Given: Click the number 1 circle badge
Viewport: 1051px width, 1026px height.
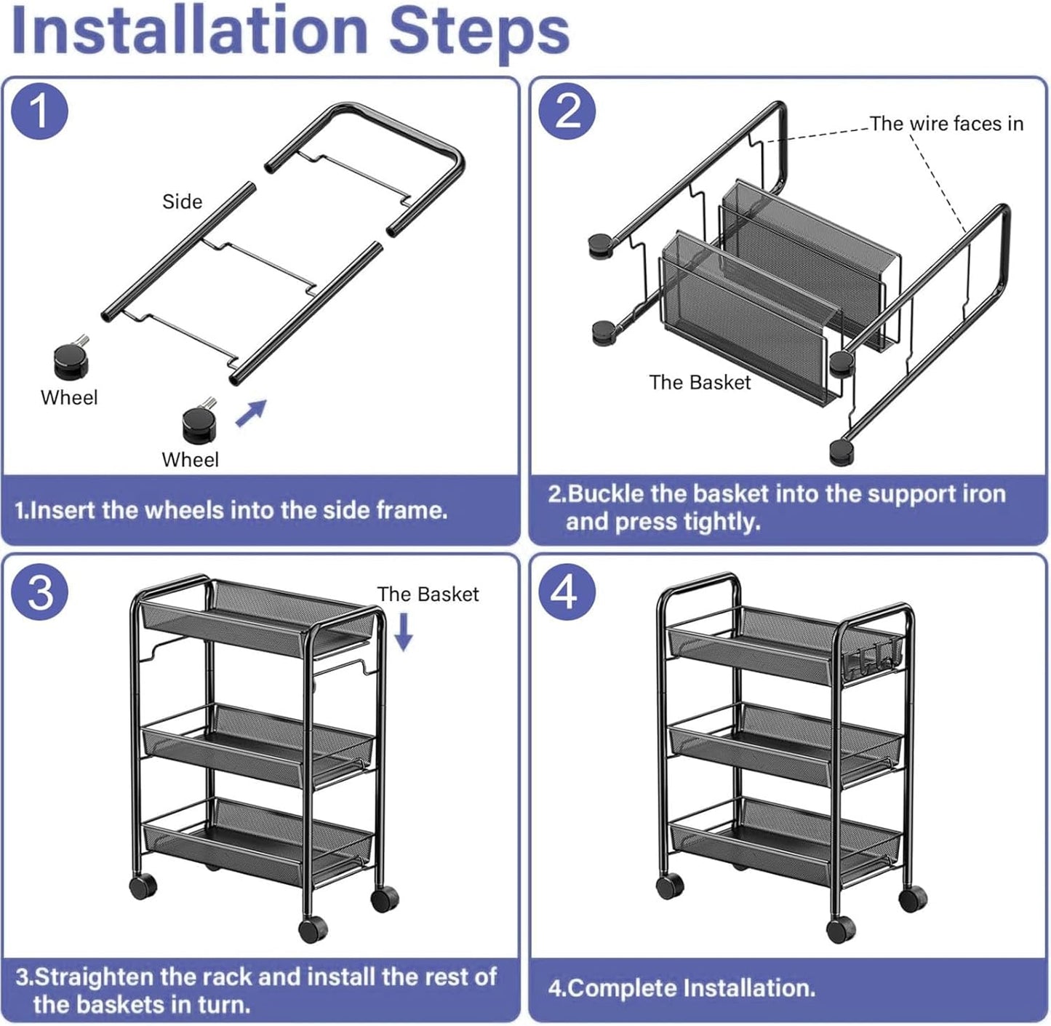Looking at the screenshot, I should (40, 112).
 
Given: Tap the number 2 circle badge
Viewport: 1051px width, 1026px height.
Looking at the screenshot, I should (567, 112).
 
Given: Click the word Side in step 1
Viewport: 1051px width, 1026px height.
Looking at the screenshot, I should (182, 202).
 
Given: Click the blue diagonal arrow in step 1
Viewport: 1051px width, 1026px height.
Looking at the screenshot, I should (252, 413).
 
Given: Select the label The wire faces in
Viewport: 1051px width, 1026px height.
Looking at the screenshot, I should (946, 124).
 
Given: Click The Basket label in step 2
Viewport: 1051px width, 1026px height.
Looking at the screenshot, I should (700, 382).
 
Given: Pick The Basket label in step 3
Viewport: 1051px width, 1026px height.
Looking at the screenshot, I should (428, 594).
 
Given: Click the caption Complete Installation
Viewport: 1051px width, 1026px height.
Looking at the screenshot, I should (682, 987).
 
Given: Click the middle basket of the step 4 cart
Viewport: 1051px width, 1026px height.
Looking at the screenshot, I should (786, 742).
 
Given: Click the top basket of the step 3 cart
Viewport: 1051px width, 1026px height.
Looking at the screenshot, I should (258, 619).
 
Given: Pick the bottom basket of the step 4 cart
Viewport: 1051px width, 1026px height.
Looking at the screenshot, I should (786, 837).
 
